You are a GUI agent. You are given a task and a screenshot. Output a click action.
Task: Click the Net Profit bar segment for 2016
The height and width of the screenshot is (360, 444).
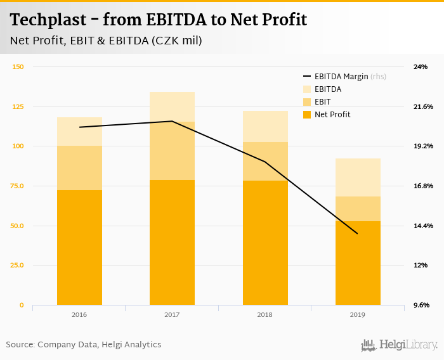[x=79, y=247]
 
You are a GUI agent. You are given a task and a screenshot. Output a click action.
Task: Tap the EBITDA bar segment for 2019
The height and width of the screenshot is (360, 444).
[x=358, y=177]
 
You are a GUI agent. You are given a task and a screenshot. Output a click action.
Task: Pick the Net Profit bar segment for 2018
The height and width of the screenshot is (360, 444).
[x=265, y=243]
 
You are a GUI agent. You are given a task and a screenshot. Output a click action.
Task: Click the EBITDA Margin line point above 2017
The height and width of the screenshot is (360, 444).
[x=172, y=121]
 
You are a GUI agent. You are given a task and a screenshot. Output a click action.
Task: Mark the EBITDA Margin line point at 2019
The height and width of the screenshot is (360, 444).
[x=358, y=234]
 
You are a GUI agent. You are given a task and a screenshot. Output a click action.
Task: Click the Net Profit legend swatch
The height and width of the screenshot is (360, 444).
[x=307, y=115]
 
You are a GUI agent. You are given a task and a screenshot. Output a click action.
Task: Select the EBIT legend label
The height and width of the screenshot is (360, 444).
[x=322, y=102]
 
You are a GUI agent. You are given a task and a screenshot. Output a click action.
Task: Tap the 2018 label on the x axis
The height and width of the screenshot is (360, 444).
[x=265, y=314]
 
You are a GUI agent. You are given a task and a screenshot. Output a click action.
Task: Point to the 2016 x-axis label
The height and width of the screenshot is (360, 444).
[x=79, y=314]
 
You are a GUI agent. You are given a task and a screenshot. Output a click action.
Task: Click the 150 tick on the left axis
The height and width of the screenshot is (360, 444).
[x=18, y=67]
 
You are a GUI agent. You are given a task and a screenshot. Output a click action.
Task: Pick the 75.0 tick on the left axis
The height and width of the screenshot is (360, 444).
[x=18, y=186]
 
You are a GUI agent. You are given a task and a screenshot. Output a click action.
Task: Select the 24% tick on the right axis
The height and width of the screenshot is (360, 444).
[x=421, y=67]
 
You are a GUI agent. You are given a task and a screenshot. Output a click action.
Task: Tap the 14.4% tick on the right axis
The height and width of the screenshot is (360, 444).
[x=422, y=226]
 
